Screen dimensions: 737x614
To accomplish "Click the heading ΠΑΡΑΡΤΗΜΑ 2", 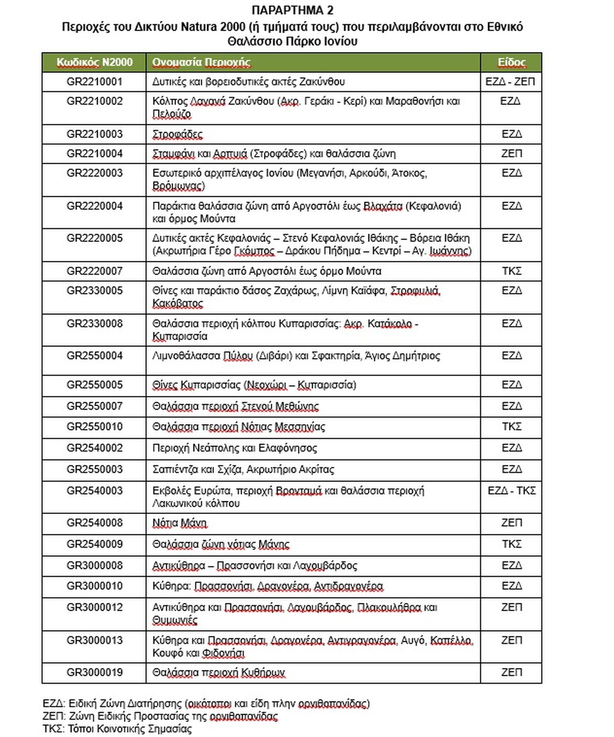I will tap(292, 10).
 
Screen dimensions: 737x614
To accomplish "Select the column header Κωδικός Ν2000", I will tap(94, 62).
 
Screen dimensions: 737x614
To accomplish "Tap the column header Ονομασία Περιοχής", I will tap(201, 62).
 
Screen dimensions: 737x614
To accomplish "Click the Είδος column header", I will tap(511, 62).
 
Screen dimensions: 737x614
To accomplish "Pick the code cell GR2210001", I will tap(94, 82).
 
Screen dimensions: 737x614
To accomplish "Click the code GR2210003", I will tap(94, 134).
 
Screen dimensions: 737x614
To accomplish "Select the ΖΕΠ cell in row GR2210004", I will tap(511, 153).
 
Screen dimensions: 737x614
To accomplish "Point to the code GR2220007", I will tap(94, 271).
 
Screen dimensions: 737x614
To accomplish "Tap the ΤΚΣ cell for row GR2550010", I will tap(511, 427).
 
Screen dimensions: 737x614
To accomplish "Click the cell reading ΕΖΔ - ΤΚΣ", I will tap(511, 491).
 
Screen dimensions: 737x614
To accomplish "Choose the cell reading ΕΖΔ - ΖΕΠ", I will tap(510, 82).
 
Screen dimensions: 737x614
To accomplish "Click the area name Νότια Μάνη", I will tap(180, 523).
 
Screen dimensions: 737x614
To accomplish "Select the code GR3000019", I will tap(94, 672).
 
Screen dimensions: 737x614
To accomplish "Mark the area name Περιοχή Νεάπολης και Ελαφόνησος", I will tap(234, 448).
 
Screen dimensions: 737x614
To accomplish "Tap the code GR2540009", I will tap(94, 544).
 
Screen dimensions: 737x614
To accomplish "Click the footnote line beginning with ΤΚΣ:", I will tap(117, 729).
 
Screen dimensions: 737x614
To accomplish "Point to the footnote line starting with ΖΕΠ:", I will tap(160, 716).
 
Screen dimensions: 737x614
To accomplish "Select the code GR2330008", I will tap(94, 324).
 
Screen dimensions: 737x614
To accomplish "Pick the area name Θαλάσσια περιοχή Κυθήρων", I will tap(218, 672).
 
